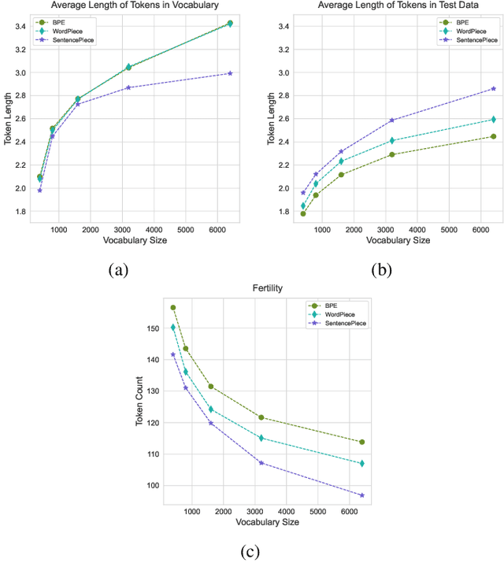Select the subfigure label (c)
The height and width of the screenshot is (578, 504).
click(x=250, y=552)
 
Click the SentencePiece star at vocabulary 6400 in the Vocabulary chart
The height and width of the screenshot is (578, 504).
click(x=230, y=73)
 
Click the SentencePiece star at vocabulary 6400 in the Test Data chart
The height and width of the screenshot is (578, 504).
click(x=494, y=89)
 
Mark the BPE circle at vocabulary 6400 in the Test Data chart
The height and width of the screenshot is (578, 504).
click(x=494, y=136)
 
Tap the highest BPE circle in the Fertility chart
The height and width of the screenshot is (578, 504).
click(x=173, y=307)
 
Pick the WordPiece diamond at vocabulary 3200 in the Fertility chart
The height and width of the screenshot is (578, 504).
click(x=261, y=438)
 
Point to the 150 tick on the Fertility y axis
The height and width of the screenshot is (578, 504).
click(x=155, y=328)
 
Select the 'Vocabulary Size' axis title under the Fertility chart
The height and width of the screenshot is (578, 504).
click(x=266, y=522)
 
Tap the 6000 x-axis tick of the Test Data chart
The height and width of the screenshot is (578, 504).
click(x=480, y=229)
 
